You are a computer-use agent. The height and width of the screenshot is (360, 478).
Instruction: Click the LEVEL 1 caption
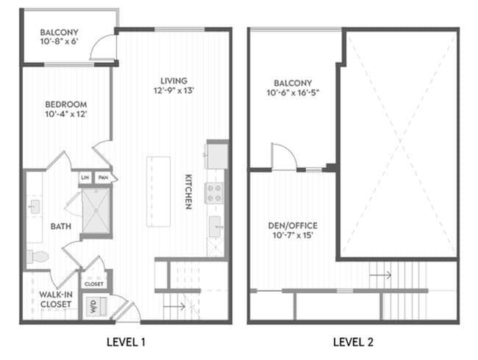pos(126,342)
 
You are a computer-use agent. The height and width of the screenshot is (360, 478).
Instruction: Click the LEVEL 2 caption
pos(353,342)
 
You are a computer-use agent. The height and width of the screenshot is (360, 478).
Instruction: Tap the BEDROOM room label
pos(66,104)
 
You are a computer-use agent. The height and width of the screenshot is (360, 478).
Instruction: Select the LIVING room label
pos(174,81)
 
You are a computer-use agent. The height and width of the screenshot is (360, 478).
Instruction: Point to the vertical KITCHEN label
pos(189,192)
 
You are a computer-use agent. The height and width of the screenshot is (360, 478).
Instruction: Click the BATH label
pos(61,226)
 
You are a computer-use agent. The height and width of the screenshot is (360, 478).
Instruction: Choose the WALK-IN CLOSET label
pos(56,300)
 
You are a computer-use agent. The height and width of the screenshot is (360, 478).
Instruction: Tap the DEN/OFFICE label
pos(293,226)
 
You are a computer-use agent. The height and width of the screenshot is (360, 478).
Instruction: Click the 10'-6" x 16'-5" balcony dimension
pos(293,93)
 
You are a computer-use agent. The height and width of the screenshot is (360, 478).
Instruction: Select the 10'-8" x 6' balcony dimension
pos(60,41)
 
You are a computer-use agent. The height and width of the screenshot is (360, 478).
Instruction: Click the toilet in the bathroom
pos(38,256)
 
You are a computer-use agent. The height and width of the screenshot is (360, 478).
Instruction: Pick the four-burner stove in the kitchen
pos(214,193)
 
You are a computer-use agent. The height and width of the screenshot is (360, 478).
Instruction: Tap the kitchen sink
pos(215,226)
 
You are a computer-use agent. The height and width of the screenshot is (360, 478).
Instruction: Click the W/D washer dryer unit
pos(96,306)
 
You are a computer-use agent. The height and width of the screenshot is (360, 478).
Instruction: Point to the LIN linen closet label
pos(85,178)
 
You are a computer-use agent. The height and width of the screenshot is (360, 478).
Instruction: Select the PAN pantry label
pos(104,178)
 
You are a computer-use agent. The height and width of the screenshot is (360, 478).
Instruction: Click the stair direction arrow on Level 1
pos(174,306)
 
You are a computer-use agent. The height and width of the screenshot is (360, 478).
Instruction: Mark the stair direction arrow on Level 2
pos(380,275)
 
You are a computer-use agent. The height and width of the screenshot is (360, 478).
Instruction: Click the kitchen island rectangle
pos(159,192)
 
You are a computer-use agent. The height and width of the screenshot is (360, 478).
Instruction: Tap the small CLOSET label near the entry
pos(94,284)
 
